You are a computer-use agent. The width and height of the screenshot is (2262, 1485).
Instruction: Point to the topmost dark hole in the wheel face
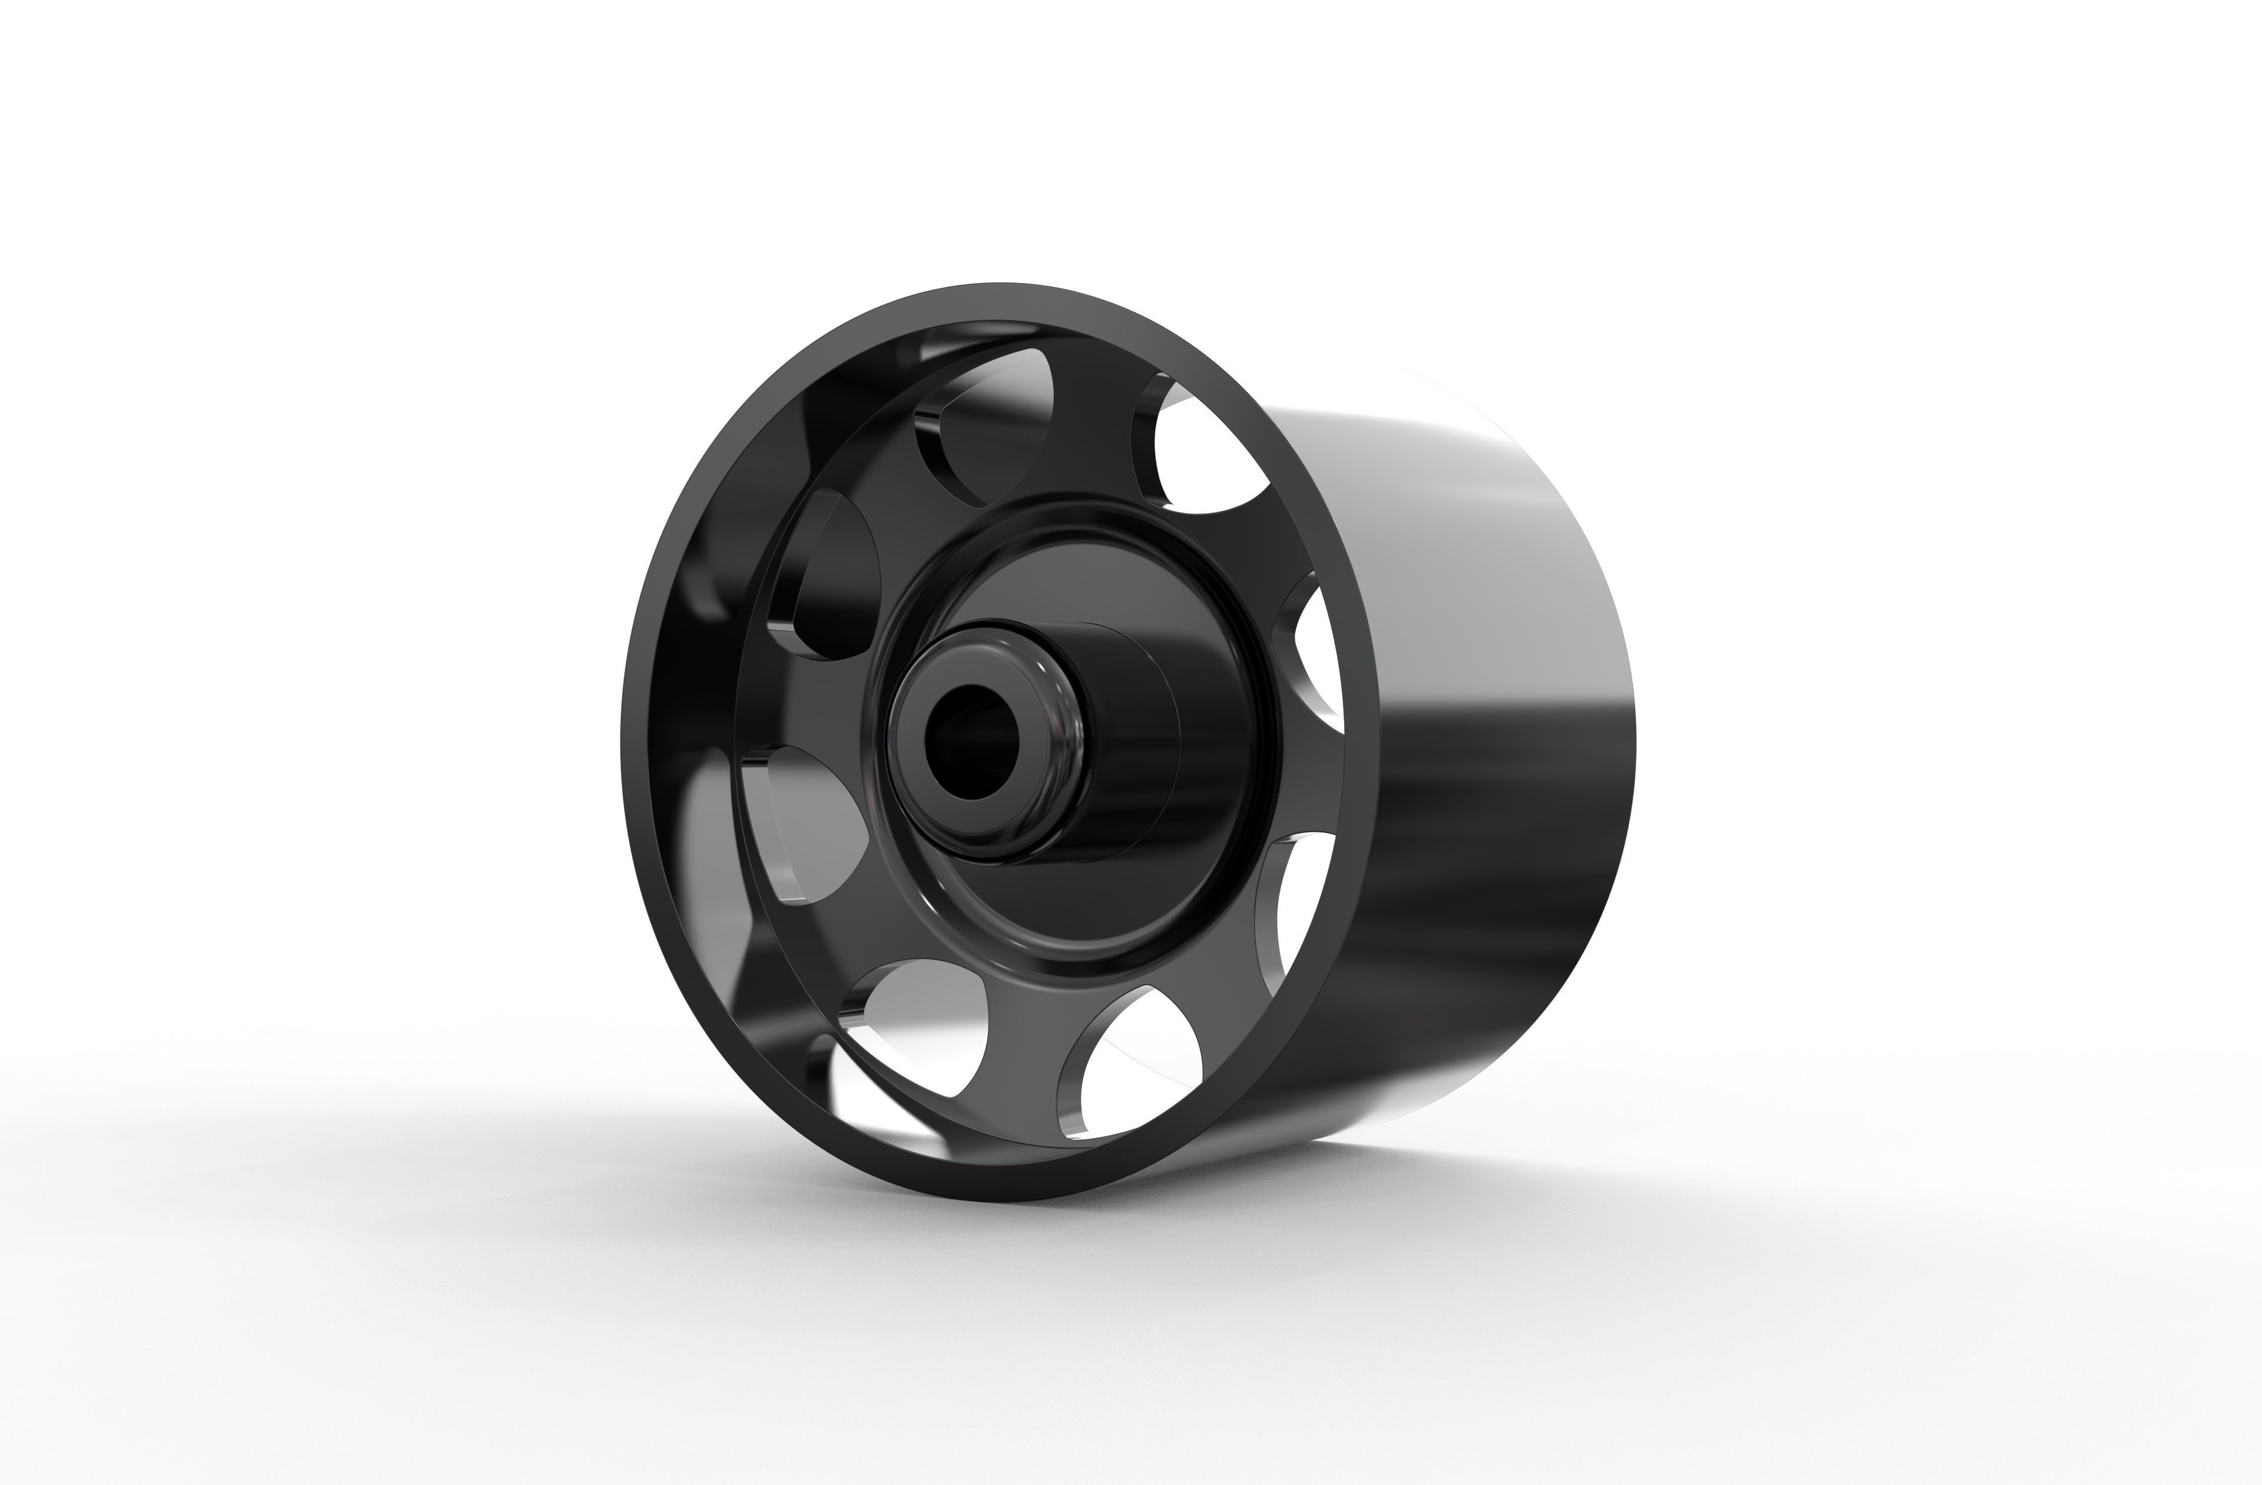[x=988, y=418]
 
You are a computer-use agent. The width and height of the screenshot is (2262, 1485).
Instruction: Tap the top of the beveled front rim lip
[x=998, y=302]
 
